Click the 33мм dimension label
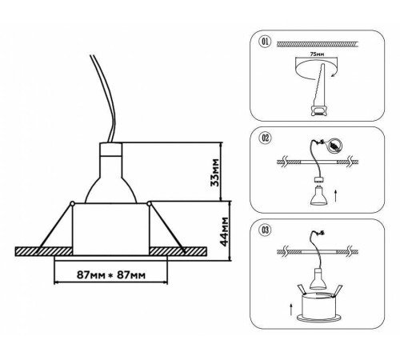click(x=214, y=173)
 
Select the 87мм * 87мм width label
click(x=111, y=274)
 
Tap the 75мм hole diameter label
click(x=317, y=54)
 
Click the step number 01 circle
click(x=265, y=42)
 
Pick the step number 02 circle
click(x=266, y=138)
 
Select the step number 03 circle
click(x=266, y=230)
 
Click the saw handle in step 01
click(x=318, y=110)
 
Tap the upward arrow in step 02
click(x=336, y=196)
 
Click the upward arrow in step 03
click(x=291, y=310)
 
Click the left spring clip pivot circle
click(x=72, y=204)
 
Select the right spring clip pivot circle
click(x=149, y=204)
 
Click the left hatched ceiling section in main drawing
click(x=44, y=251)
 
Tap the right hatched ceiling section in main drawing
click(x=178, y=251)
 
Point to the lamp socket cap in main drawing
click(x=110, y=150)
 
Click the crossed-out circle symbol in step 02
click(x=334, y=146)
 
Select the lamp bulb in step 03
click(x=318, y=279)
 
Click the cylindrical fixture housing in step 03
click(x=318, y=306)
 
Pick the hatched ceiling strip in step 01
click(x=318, y=44)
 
